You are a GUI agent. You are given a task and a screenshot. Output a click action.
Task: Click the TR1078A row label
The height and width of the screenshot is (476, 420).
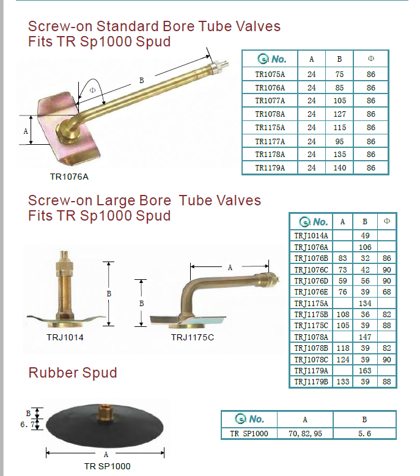pos(270,114)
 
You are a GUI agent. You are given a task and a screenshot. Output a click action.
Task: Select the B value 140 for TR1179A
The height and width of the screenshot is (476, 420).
pos(339,168)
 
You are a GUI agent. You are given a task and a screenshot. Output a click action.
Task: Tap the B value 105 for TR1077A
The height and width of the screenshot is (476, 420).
pos(339,101)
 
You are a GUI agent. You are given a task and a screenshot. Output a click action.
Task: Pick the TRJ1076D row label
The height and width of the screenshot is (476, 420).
pos(311,281)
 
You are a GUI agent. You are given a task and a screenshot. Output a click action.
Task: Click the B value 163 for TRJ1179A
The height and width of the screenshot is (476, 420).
pos(365,371)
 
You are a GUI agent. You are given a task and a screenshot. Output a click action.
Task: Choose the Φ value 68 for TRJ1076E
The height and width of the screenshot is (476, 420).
pos(386,292)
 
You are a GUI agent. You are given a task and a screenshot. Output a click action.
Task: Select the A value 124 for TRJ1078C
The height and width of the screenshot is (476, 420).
pos(343,359)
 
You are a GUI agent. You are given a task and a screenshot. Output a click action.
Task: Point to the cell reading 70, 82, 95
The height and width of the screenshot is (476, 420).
pos(305,434)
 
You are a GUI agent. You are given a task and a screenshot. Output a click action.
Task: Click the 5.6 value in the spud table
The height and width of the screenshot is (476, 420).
pos(364,434)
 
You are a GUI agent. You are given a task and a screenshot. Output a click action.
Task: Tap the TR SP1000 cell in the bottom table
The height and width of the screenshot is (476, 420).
pos(249,434)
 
